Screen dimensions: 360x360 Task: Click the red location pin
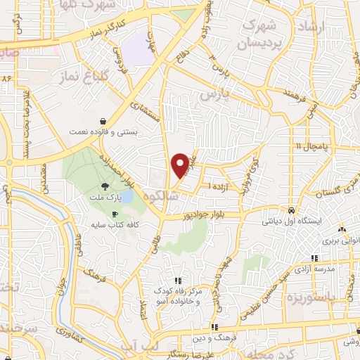[181, 165]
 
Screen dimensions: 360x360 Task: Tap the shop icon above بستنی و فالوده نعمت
[103, 120]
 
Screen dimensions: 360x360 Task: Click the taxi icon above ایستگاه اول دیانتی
[290, 210]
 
